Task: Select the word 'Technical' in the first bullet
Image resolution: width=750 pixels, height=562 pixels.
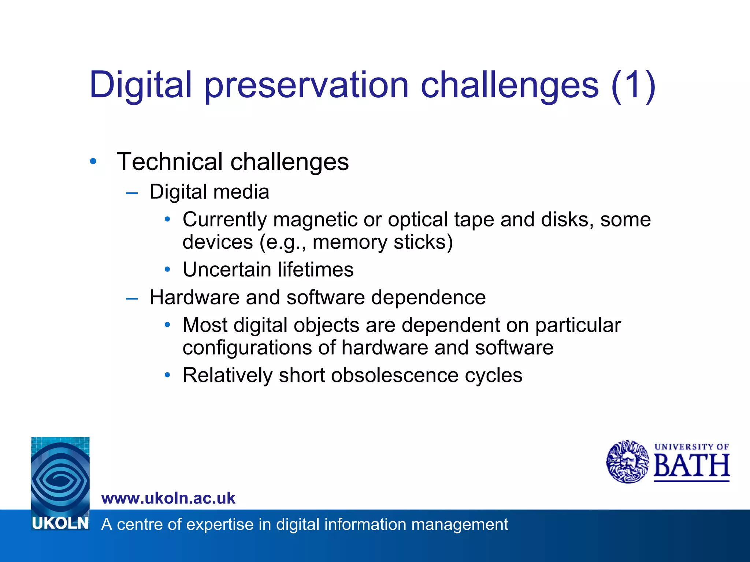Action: [x=170, y=162]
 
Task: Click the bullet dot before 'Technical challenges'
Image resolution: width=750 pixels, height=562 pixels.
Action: [x=93, y=161]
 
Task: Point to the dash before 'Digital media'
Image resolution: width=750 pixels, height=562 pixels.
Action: [x=132, y=193]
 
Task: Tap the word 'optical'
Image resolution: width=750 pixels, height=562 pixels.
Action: [x=418, y=220]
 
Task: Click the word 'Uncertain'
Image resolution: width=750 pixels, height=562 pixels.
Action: [x=227, y=270]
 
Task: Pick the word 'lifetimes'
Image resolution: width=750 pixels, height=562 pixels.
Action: [x=316, y=270]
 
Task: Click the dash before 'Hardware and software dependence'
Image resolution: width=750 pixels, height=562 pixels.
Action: [x=132, y=299]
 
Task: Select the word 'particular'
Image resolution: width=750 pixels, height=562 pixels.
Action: [x=578, y=325]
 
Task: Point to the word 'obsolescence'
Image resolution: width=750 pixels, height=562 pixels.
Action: [x=395, y=375]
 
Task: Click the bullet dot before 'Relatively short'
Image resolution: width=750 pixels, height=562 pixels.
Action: [x=167, y=375]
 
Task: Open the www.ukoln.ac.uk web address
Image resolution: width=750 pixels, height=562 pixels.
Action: [x=168, y=498]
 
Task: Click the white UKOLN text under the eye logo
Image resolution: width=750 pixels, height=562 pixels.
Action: [x=60, y=524]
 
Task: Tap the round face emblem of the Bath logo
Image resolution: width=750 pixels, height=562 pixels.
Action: [x=627, y=462]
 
